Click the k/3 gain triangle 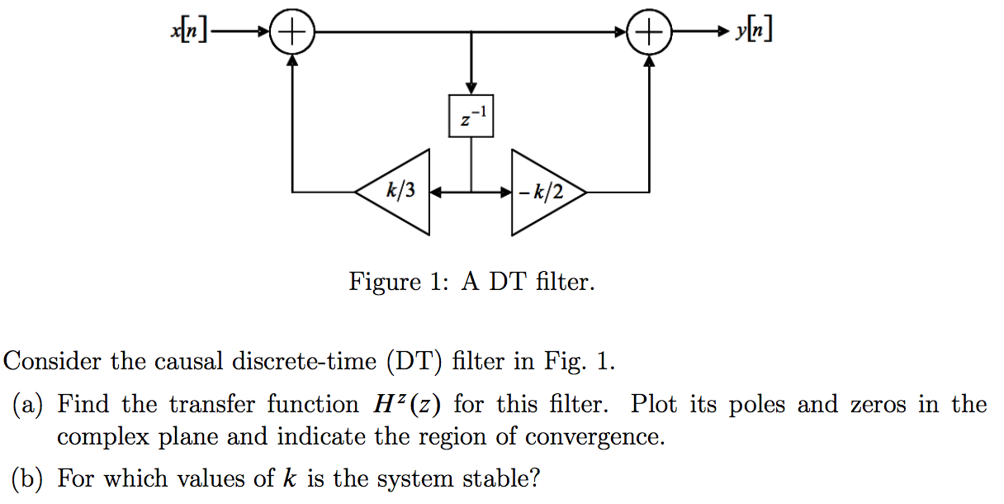[401, 193]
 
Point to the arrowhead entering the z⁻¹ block [471, 88]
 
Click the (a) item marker [29, 405]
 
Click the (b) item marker [29, 478]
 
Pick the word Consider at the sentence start [54, 362]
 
